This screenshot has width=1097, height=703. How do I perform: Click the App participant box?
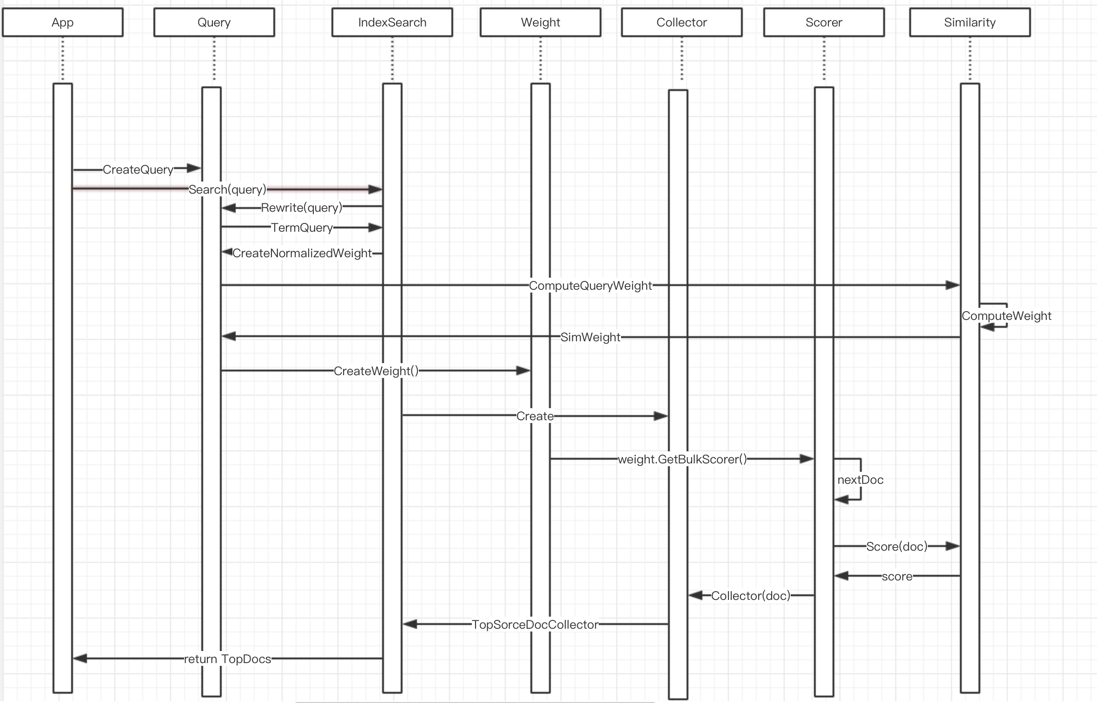(x=63, y=22)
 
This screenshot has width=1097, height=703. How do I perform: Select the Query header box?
(x=214, y=22)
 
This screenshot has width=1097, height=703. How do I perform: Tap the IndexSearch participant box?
(x=392, y=22)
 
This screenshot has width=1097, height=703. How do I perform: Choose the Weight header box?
(x=540, y=22)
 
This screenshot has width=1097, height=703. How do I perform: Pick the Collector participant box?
(x=681, y=22)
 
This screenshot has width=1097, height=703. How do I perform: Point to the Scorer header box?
(x=824, y=22)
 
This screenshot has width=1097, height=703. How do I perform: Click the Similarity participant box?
(x=970, y=22)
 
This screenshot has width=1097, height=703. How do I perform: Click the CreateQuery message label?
(x=138, y=169)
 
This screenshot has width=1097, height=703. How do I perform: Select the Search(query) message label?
(x=227, y=189)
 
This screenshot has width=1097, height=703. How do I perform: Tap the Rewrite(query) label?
(x=301, y=208)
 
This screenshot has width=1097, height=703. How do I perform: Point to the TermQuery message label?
(x=302, y=228)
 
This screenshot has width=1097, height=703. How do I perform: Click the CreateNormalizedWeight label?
(x=302, y=253)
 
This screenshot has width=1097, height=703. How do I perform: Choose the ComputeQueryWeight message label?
(x=590, y=286)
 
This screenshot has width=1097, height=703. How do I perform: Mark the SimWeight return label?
(x=590, y=337)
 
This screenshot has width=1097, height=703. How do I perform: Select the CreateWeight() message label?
(x=376, y=371)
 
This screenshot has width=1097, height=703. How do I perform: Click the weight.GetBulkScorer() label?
(x=682, y=459)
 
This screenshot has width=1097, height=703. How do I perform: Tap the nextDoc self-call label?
(x=860, y=480)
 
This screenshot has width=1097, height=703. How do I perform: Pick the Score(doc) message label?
(x=897, y=547)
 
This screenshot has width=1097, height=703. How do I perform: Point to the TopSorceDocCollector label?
(x=535, y=625)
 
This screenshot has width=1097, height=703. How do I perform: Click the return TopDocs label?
(x=227, y=659)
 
